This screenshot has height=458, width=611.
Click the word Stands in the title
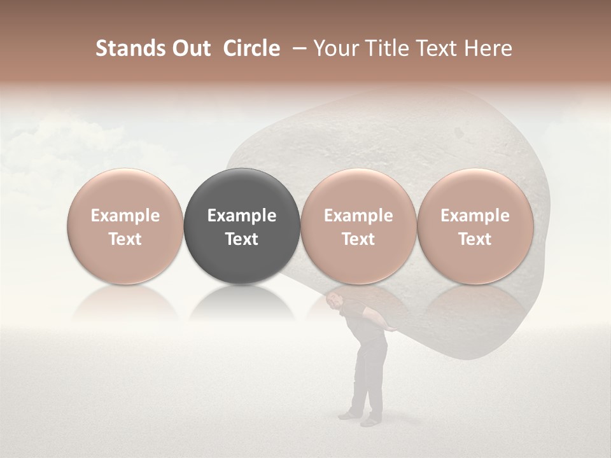click(x=127, y=49)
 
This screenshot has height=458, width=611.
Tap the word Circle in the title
click(x=251, y=49)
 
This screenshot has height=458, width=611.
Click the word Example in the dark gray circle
click(x=242, y=216)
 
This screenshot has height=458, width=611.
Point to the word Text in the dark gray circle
click(x=242, y=239)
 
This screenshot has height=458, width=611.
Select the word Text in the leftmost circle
click(x=125, y=239)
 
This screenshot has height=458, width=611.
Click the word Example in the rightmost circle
click(x=475, y=216)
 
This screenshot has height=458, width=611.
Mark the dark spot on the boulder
click(x=456, y=132)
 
